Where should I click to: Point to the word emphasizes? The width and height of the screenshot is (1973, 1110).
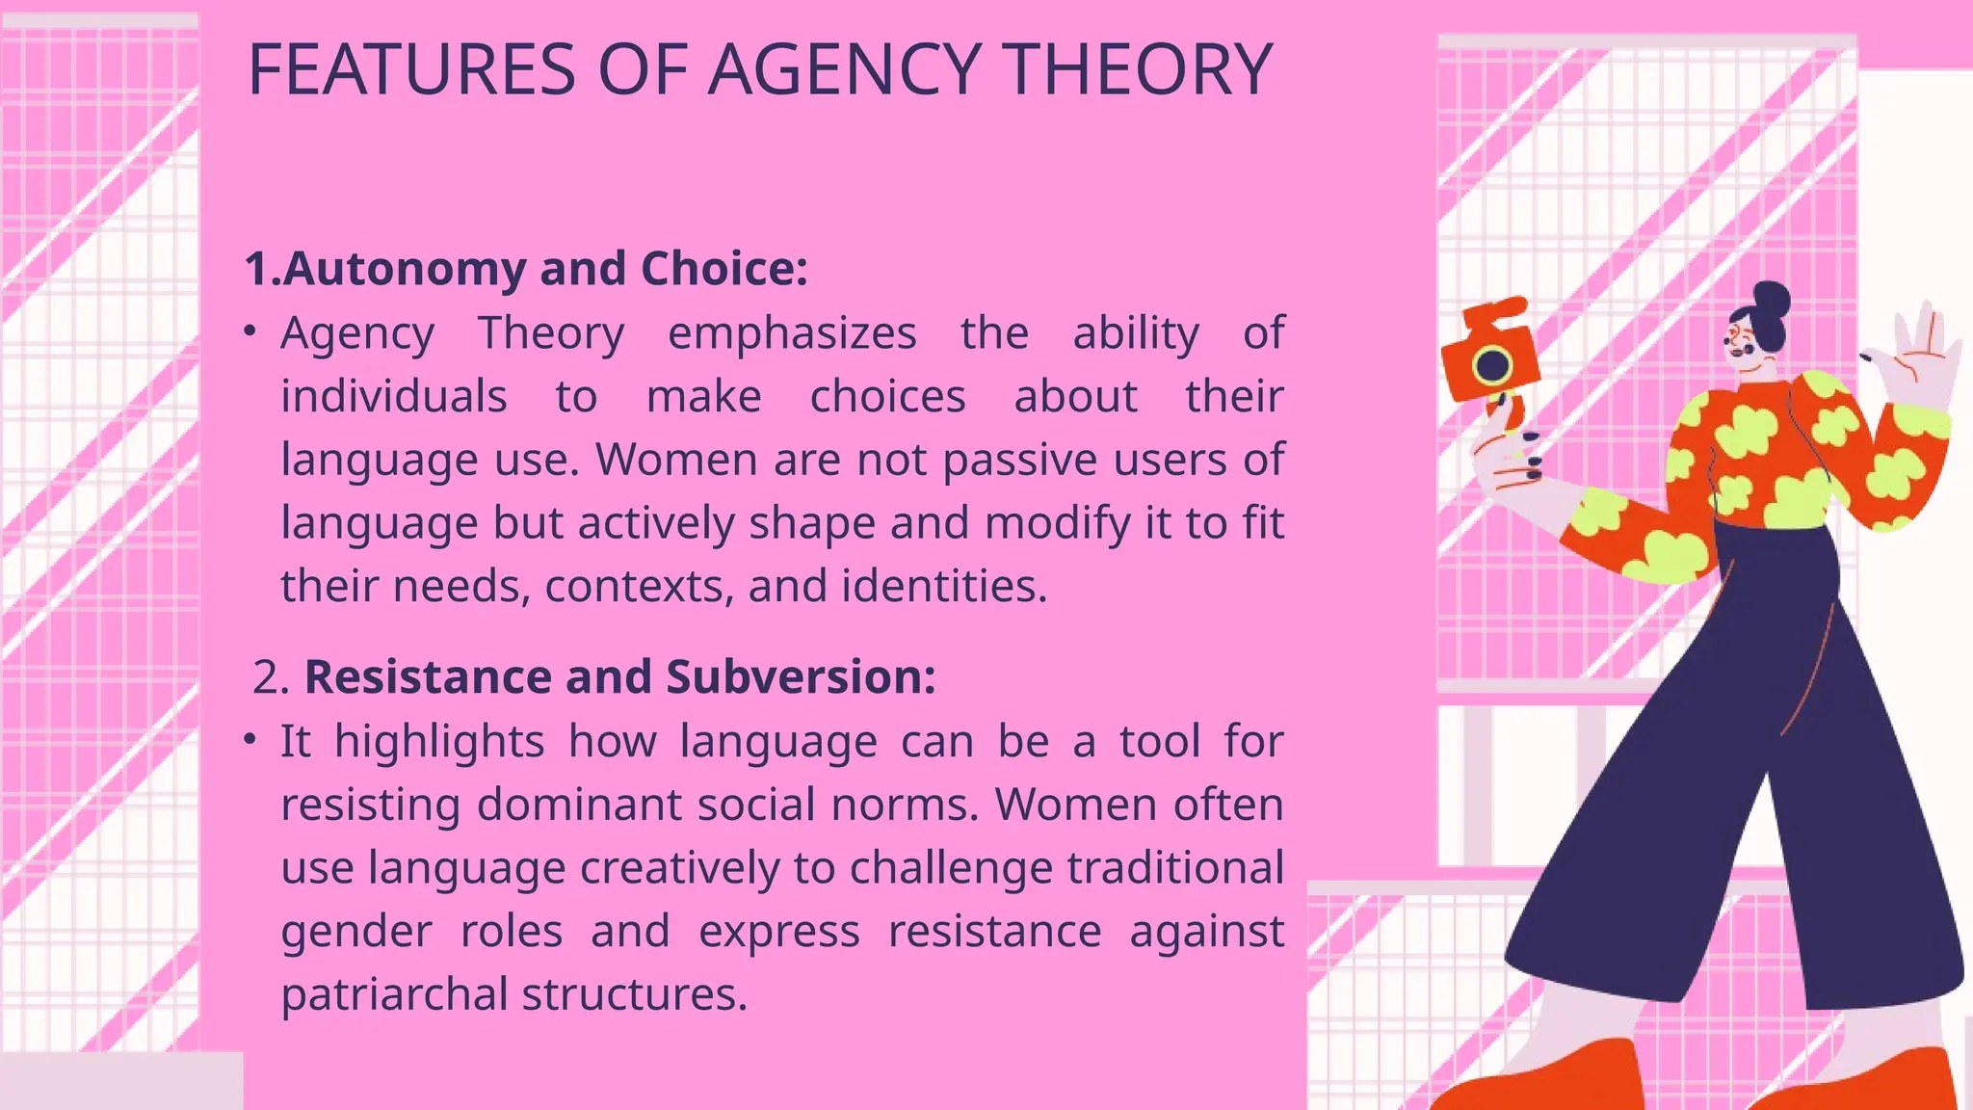point(792,333)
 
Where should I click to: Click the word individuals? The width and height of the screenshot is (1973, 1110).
point(394,397)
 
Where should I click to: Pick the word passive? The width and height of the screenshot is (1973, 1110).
point(1020,461)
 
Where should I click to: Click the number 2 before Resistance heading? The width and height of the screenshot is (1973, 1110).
point(269,677)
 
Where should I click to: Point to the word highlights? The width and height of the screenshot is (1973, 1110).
point(439,742)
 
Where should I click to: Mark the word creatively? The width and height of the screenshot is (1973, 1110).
point(679,868)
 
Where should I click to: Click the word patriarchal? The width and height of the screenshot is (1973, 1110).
point(394,994)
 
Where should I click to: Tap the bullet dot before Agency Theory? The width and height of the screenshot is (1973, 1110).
point(250,331)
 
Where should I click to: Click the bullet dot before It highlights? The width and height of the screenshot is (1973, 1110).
point(250,740)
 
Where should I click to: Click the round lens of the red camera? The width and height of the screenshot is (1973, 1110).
point(1492,365)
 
